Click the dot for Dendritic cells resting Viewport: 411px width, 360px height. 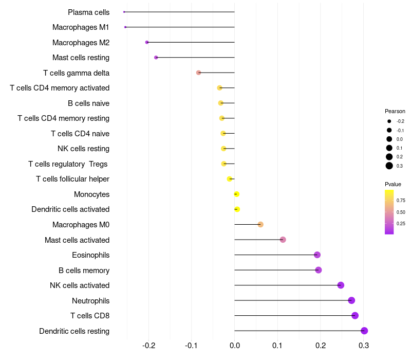pos(364,331)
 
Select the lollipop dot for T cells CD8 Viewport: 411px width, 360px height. pos(355,316)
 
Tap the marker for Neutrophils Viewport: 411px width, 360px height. pos(351,300)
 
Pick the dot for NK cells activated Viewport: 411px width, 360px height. pos(341,285)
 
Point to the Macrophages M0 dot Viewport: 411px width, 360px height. pos(260,225)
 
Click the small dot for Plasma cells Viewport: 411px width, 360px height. pos(124,12)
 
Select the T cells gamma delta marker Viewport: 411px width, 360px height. pos(199,73)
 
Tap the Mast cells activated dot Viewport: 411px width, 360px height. pos(283,240)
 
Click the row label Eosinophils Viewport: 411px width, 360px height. pos(90,255)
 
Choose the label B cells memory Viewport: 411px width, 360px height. pos(84,270)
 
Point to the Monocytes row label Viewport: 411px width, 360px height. pos(91,194)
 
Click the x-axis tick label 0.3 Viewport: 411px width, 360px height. pos(364,346)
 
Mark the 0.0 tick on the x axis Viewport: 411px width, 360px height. pos(235,346)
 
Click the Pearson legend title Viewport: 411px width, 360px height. pos(395,111)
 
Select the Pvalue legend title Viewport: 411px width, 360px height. pos(393,184)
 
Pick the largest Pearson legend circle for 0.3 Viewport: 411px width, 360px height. pos(389,166)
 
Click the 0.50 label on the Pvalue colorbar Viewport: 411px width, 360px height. pos(401,212)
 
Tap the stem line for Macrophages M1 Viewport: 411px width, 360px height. pos(180,27)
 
